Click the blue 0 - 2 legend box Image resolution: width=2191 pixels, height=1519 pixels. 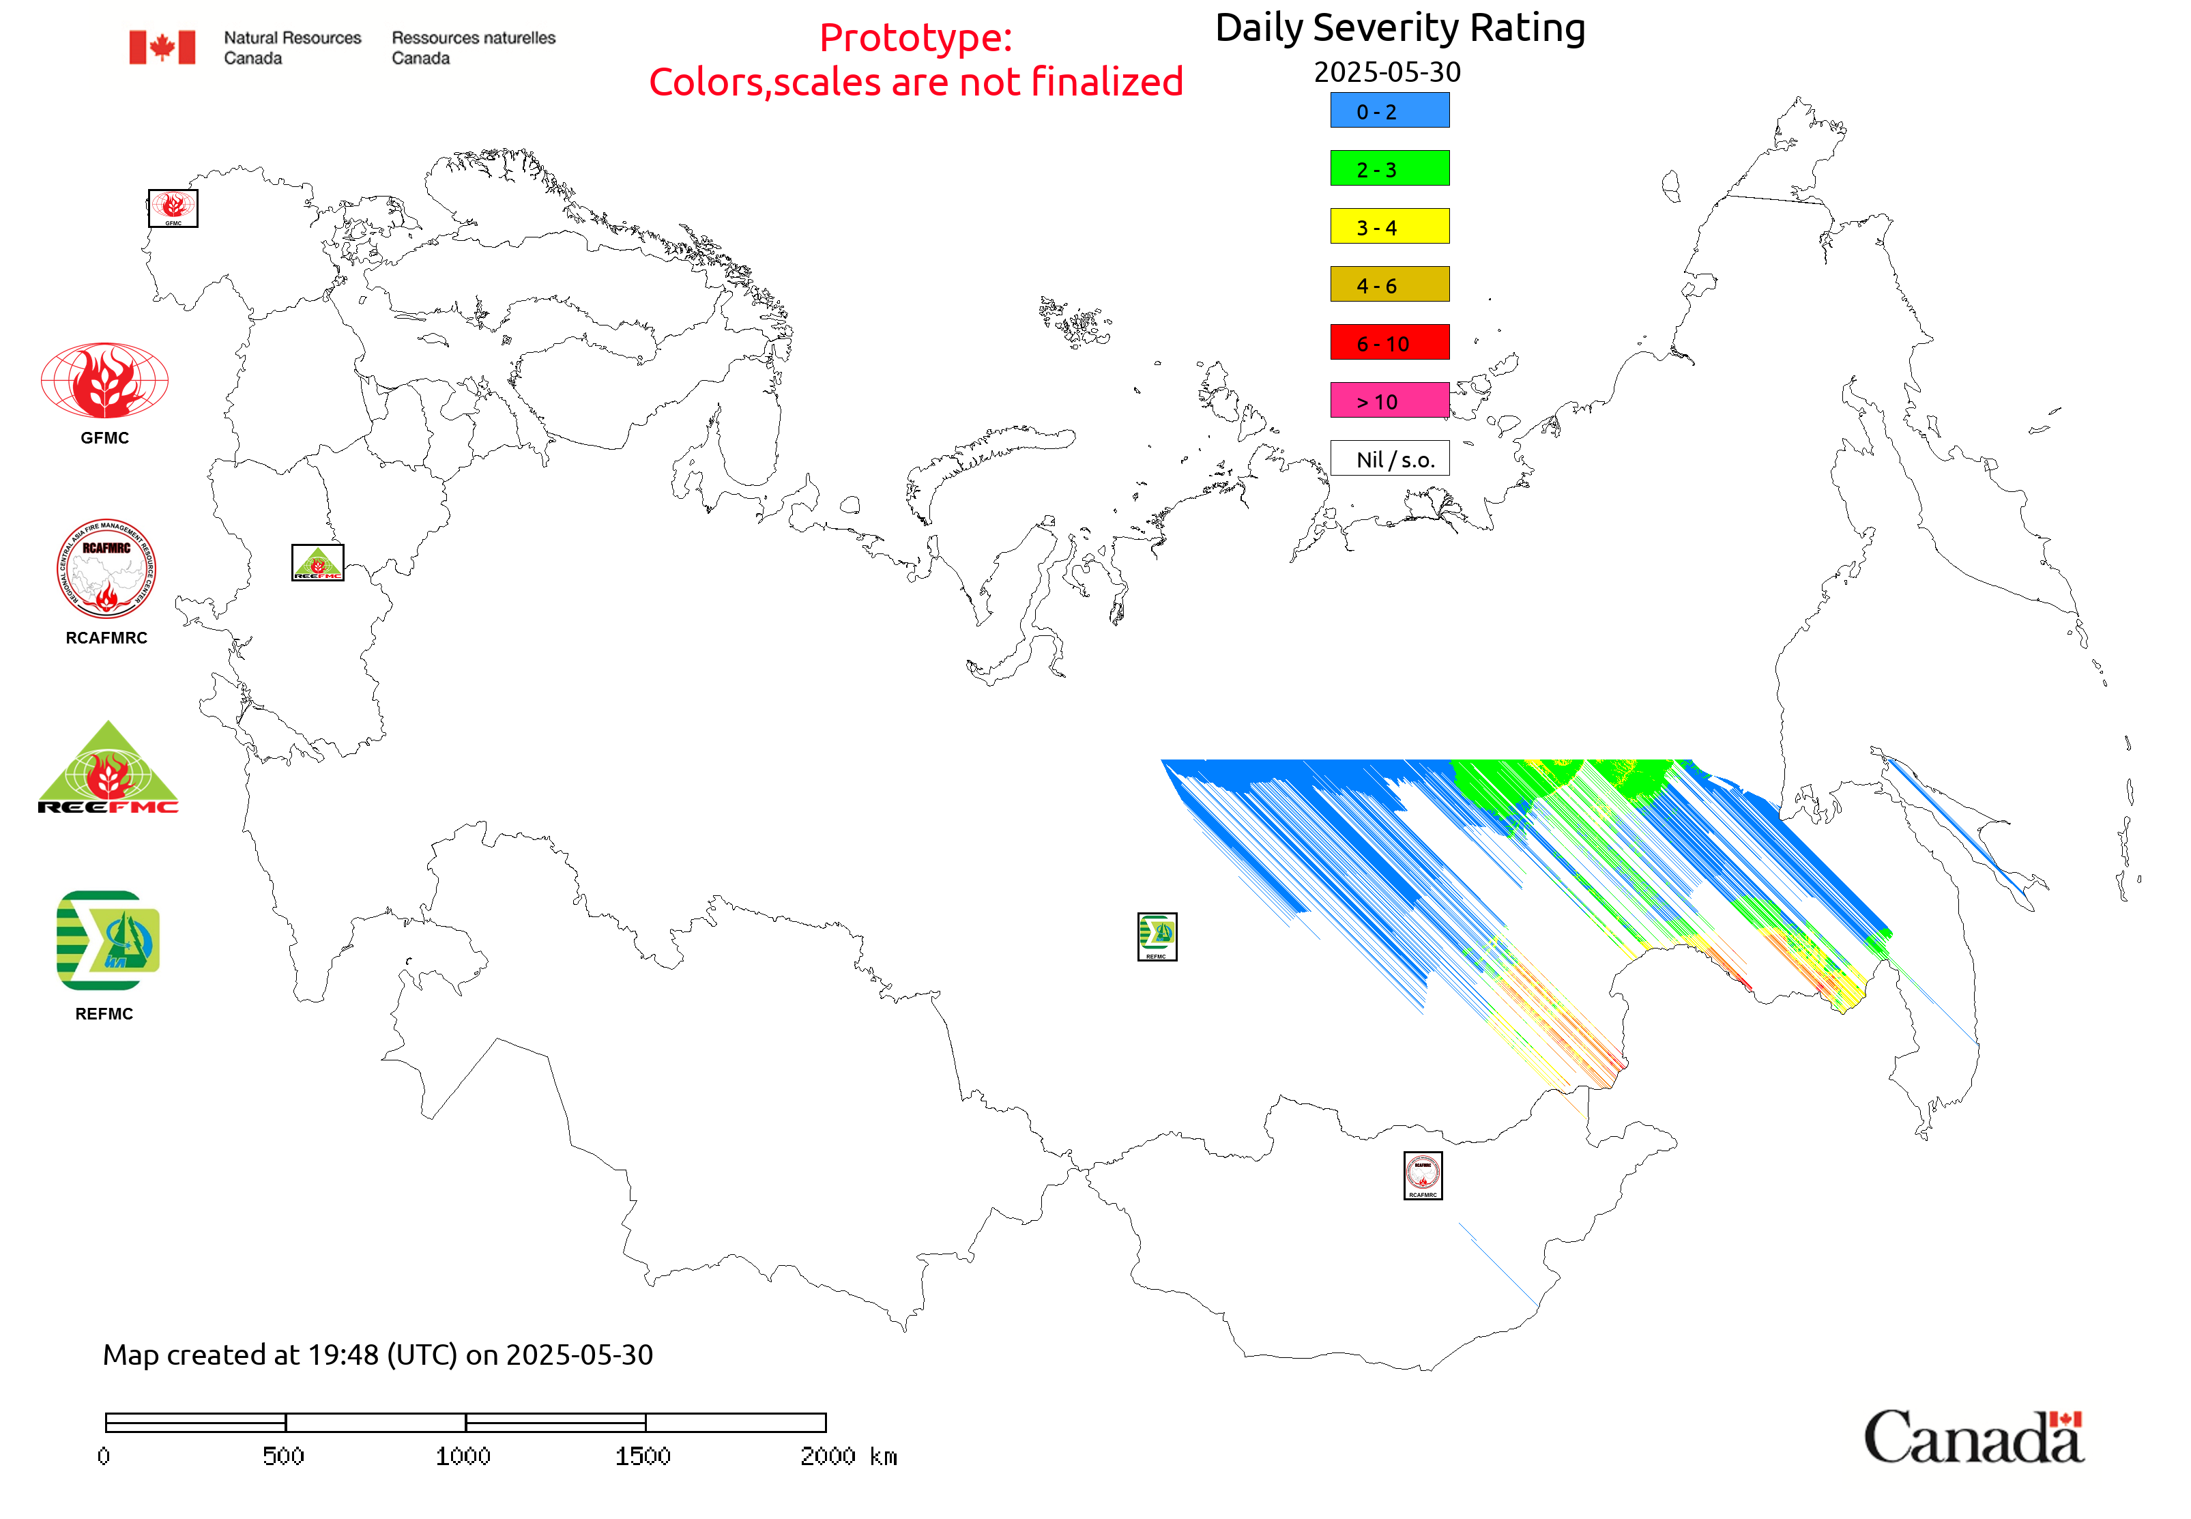pyautogui.click(x=1389, y=111)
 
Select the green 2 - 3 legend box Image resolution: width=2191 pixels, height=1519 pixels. pyautogui.click(x=1389, y=169)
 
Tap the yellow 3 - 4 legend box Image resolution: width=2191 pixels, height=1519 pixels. pyautogui.click(x=1389, y=227)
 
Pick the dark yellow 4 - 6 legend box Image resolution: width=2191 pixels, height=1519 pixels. pyautogui.click(x=1389, y=285)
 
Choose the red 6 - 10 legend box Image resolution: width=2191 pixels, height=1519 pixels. pyautogui.click(x=1389, y=343)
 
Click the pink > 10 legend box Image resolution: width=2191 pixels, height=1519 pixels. pyautogui.click(x=1389, y=401)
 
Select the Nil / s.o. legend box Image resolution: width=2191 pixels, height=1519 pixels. pyautogui.click(x=1389, y=459)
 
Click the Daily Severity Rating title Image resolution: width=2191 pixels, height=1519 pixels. pyautogui.click(x=1399, y=29)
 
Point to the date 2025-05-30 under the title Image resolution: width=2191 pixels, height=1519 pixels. pyautogui.click(x=1387, y=72)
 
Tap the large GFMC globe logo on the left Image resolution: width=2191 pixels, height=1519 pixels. pyautogui.click(x=104, y=381)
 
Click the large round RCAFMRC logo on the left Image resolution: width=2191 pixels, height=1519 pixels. pyautogui.click(x=106, y=569)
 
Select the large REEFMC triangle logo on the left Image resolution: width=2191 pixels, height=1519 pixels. pyautogui.click(x=108, y=769)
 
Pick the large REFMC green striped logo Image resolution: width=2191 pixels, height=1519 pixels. pyautogui.click(x=108, y=940)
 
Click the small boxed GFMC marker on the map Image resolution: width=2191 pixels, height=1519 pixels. pyautogui.click(x=173, y=208)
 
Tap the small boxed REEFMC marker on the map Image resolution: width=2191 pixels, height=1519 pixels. pyautogui.click(x=317, y=562)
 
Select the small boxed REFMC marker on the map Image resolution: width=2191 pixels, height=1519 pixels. pyautogui.click(x=1157, y=936)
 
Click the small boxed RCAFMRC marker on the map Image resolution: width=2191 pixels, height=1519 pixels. pyautogui.click(x=1422, y=1175)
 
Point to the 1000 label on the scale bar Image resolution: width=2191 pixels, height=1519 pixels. pyautogui.click(x=463, y=1456)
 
